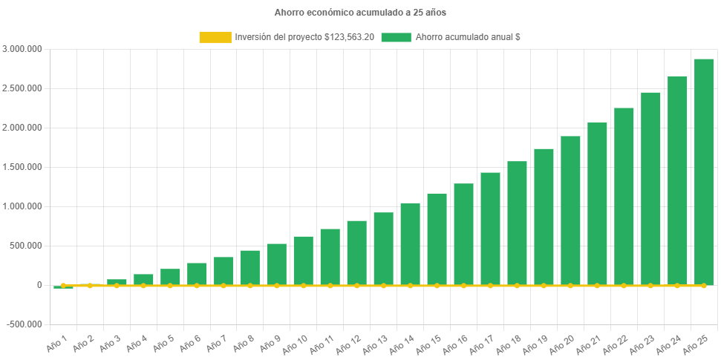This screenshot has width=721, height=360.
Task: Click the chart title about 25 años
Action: (x=360, y=13)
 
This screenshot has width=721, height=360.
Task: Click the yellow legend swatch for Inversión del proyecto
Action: (x=215, y=37)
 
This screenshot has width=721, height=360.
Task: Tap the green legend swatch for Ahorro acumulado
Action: (x=396, y=37)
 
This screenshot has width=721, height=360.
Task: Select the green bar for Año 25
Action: (x=704, y=171)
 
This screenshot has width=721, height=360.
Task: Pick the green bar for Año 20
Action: (x=570, y=210)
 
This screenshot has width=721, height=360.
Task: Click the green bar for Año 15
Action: (x=437, y=239)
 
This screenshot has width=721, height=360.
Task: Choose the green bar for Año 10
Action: (x=303, y=261)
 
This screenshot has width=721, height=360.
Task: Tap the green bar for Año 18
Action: (x=517, y=223)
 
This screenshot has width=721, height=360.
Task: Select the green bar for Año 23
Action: (x=650, y=189)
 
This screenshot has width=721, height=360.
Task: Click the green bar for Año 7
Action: (x=223, y=271)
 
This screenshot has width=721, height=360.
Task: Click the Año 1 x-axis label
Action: (x=56, y=342)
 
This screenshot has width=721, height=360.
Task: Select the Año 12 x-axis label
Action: (x=348, y=344)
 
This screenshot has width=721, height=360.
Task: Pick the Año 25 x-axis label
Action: (x=696, y=344)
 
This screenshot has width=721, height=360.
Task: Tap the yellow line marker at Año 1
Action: (x=63, y=285)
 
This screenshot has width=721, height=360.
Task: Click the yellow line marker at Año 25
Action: (x=704, y=285)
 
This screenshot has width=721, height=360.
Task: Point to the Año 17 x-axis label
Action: (x=482, y=344)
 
